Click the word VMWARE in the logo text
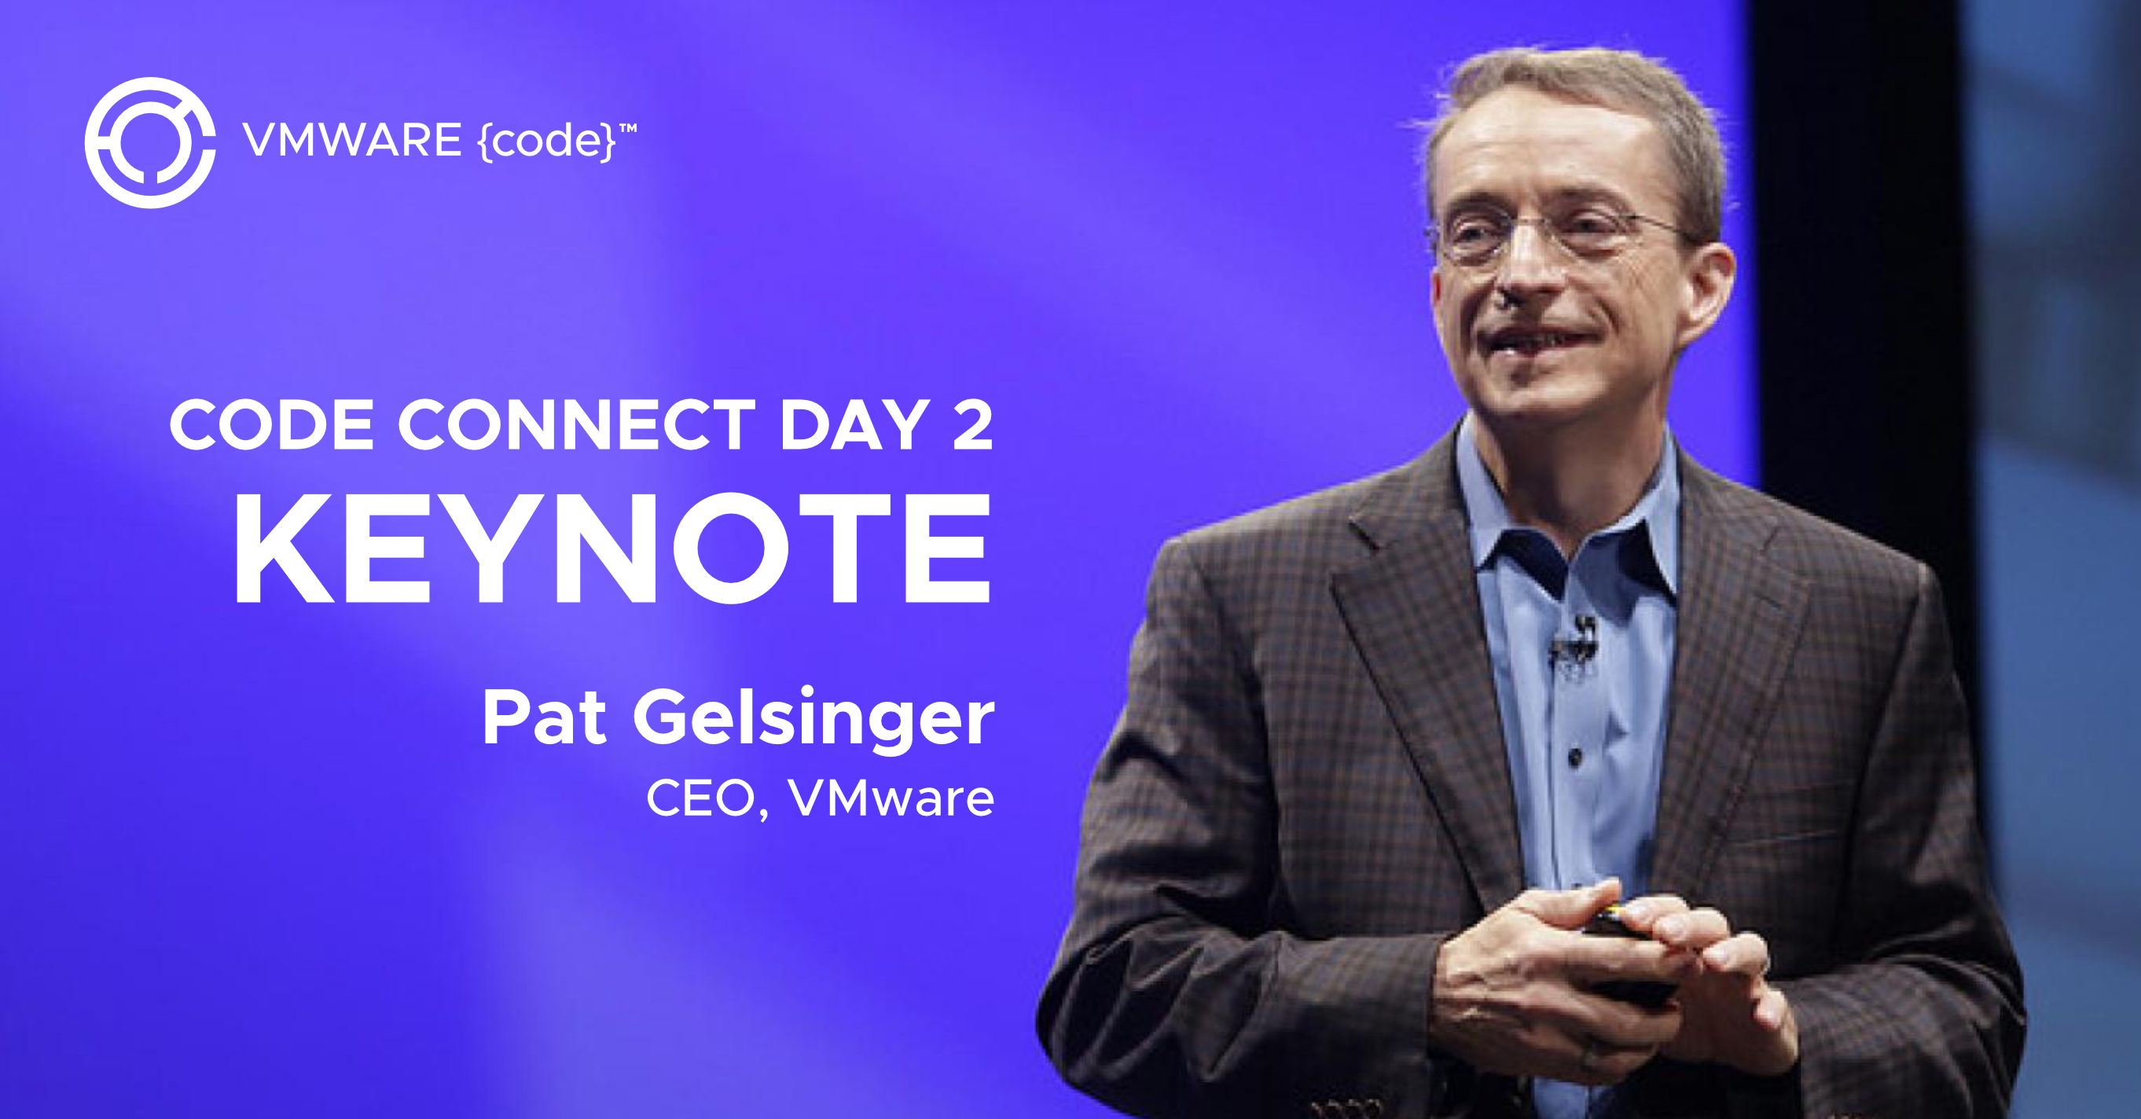click(352, 140)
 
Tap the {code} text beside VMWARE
click(546, 141)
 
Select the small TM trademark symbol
click(628, 129)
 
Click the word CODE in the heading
click(272, 424)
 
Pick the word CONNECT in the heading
click(577, 424)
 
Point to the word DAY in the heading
click(854, 424)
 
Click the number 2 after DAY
click(972, 424)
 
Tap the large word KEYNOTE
click(613, 548)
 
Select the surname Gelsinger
click(813, 721)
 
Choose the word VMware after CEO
click(891, 798)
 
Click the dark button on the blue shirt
click(1574, 757)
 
